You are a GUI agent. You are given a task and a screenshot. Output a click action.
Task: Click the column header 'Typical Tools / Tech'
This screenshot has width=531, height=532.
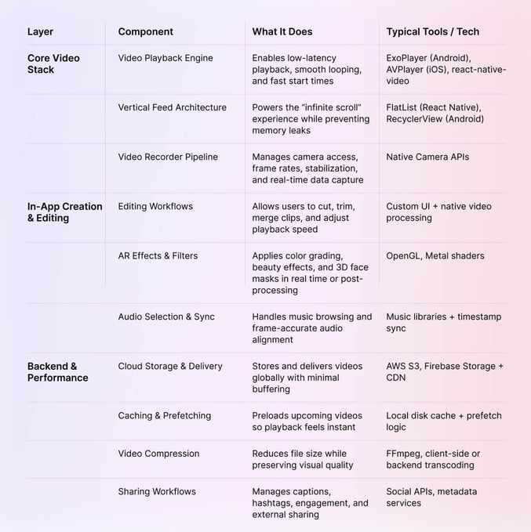[x=432, y=32]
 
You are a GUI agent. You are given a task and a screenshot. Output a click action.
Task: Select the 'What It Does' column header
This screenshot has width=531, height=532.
[x=282, y=32]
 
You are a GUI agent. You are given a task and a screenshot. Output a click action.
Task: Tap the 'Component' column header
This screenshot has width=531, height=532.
[x=145, y=32]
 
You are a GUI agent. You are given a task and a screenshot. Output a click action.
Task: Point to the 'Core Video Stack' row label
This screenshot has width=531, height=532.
[x=53, y=63]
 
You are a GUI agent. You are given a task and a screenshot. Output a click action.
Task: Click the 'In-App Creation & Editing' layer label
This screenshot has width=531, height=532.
[x=64, y=212]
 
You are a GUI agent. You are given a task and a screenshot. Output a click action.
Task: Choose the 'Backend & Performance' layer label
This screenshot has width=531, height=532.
[x=57, y=372]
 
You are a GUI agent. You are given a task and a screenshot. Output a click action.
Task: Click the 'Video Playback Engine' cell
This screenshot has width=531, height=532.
[x=165, y=58]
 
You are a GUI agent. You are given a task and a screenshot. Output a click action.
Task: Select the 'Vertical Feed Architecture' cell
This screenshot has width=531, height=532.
[x=172, y=107]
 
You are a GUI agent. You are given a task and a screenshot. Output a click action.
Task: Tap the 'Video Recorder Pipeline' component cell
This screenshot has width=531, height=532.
[x=168, y=157]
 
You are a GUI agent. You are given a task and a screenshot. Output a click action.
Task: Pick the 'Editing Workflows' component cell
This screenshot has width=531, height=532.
[x=155, y=206]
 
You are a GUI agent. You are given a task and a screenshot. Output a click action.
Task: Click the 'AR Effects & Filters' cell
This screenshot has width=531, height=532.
[x=158, y=255]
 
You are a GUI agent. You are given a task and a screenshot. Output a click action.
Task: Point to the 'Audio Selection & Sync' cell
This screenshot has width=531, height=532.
[x=166, y=317]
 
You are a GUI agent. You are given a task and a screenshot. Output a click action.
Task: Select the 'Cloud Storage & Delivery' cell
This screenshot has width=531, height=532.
[x=170, y=366]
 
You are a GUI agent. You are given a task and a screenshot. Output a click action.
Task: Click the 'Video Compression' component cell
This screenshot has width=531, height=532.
[x=158, y=453]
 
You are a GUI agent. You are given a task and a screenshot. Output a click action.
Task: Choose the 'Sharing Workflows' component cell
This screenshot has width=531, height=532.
[x=157, y=491]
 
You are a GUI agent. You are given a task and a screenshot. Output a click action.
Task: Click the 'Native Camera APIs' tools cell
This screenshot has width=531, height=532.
[x=427, y=157]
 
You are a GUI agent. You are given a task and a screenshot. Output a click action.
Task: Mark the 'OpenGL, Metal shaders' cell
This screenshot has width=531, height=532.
[x=435, y=255]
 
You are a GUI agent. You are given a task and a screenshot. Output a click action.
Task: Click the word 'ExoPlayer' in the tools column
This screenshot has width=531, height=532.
[x=408, y=58]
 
